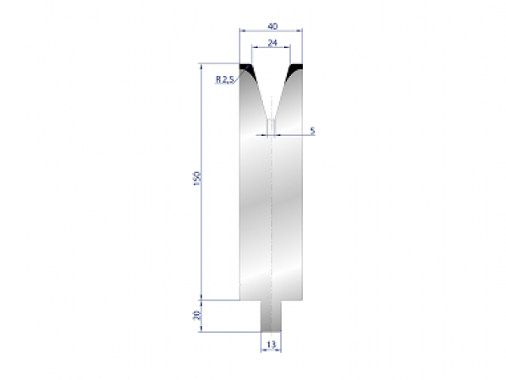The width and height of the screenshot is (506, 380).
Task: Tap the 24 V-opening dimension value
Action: [x=272, y=41]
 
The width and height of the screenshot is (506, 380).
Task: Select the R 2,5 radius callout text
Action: [x=225, y=79]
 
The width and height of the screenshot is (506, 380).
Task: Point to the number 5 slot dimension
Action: [x=312, y=130]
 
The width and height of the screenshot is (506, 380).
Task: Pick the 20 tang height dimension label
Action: [x=196, y=317]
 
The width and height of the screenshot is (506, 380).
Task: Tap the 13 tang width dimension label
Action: [x=271, y=345]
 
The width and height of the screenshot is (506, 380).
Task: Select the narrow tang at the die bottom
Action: [x=271, y=316]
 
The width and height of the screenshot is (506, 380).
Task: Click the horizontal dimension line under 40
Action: [x=272, y=30]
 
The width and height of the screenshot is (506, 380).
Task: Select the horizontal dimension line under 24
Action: [x=272, y=48]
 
